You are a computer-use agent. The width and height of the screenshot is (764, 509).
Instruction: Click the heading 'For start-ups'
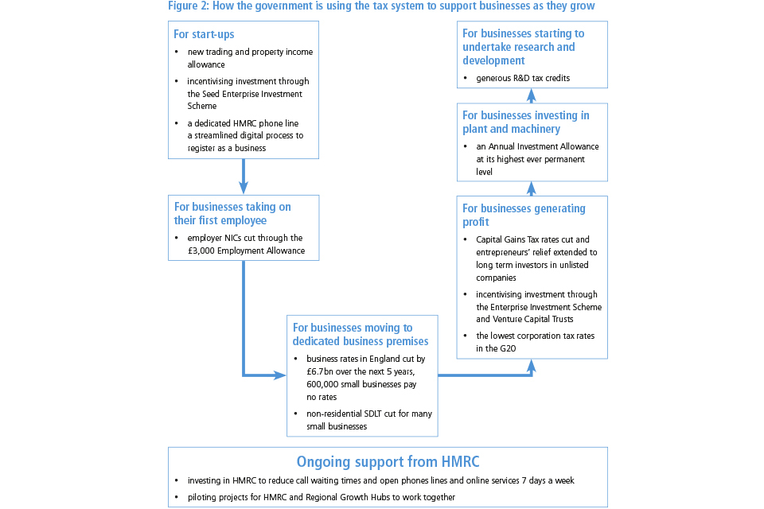point(204,34)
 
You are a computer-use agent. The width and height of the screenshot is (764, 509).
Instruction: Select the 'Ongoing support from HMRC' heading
point(388,461)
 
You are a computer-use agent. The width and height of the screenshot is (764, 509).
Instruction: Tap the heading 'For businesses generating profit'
point(524,215)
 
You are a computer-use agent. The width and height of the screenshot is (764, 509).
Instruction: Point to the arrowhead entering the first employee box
point(243,188)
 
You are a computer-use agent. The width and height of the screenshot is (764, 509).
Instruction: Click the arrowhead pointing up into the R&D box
point(532,93)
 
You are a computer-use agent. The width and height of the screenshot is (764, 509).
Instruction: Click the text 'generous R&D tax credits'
point(523,78)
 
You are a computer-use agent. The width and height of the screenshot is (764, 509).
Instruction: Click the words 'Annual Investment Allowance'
point(544,146)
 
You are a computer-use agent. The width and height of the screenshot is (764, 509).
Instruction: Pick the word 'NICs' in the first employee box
point(235,239)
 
